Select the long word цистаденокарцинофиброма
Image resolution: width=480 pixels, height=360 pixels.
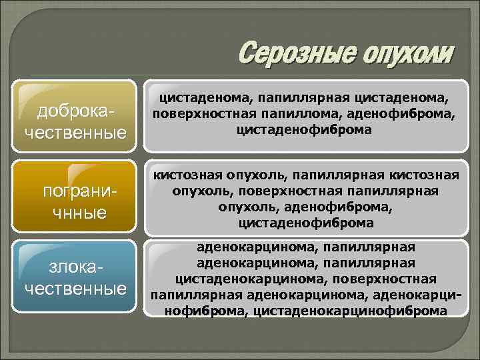point(350,310)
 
